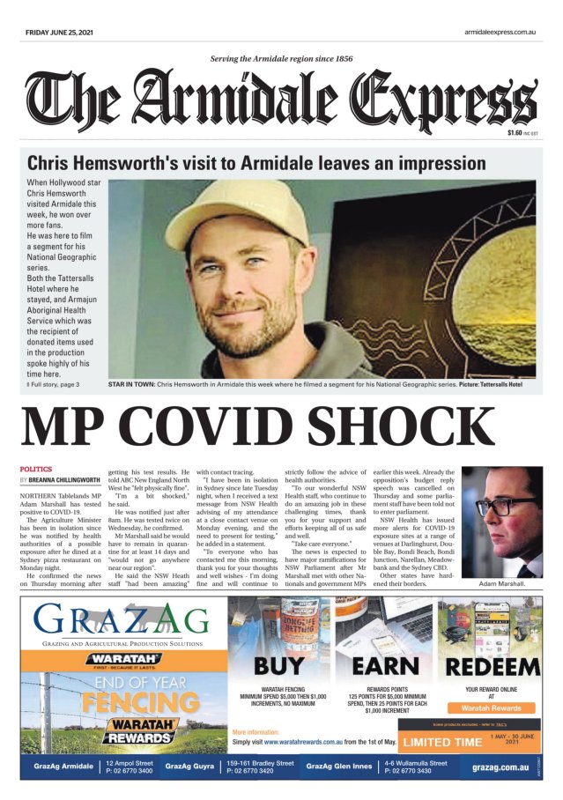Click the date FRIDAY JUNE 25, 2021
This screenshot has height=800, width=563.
click(x=59, y=33)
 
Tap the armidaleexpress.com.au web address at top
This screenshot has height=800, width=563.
click(x=500, y=33)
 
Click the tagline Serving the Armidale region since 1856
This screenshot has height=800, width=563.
click(x=282, y=59)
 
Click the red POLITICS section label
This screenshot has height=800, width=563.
click(x=36, y=469)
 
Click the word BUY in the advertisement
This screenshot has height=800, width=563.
click(x=279, y=666)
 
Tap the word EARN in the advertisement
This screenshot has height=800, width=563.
click(x=383, y=666)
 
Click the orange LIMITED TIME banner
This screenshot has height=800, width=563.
click(x=442, y=741)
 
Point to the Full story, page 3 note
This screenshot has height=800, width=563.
click(x=54, y=385)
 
